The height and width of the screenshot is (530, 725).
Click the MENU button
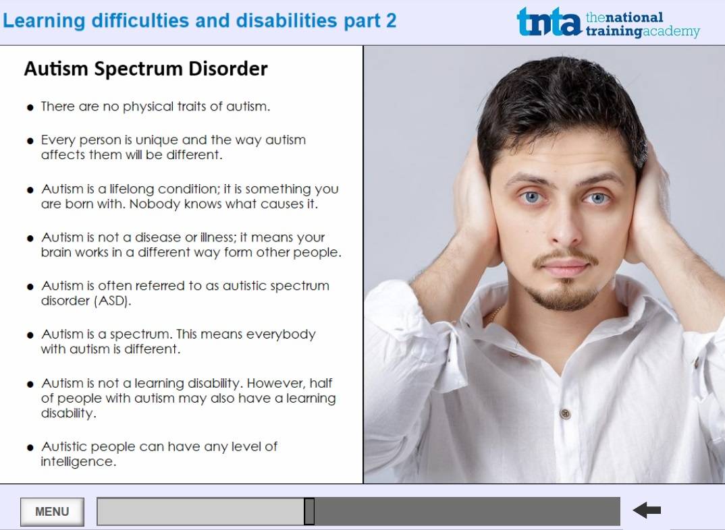point(52,512)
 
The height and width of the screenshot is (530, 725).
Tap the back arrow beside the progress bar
point(647,510)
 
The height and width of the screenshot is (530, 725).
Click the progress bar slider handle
point(309,511)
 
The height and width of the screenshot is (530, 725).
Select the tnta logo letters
point(549,22)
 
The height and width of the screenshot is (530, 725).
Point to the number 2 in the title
point(391,21)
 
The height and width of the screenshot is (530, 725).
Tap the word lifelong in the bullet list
point(132,189)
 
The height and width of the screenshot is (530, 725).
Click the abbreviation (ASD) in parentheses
point(113,301)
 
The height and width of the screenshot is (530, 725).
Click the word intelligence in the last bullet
point(78,461)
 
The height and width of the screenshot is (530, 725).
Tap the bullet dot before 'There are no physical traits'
point(30,108)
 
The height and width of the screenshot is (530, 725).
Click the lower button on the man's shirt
point(565,413)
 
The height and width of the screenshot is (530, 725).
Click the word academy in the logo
point(671,32)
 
